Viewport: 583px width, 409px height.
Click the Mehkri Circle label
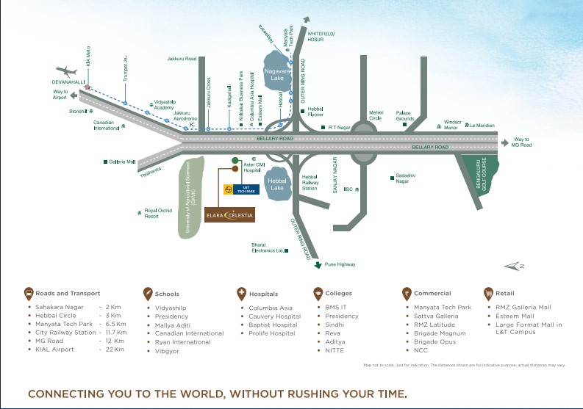pyautogui.click(x=375, y=115)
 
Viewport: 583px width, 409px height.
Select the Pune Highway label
pyautogui.click(x=340, y=264)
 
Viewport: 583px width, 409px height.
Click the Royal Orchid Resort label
pyautogui.click(x=157, y=214)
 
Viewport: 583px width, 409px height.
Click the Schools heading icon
pyautogui.click(x=147, y=294)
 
